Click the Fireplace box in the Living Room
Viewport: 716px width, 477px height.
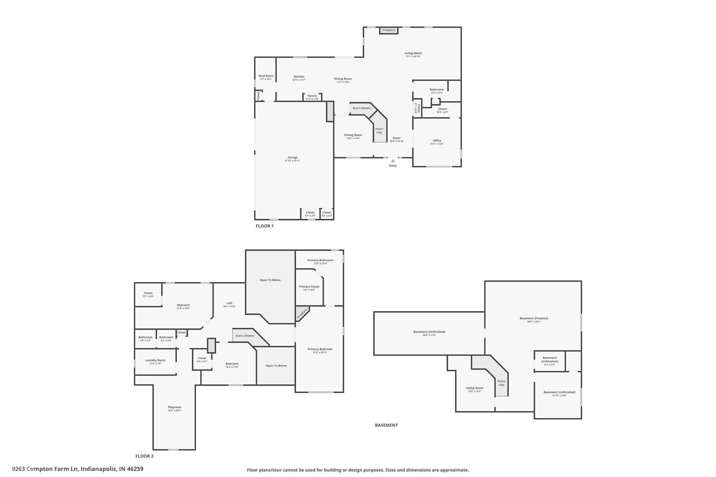tap(389, 30)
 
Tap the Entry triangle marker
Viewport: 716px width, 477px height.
tap(393, 161)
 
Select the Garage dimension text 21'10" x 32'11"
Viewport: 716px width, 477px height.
tap(293, 161)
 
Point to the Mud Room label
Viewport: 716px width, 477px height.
tap(266, 76)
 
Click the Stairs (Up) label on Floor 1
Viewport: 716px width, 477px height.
tap(379, 130)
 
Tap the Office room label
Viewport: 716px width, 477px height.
tap(437, 140)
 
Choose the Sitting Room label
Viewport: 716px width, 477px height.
tap(353, 135)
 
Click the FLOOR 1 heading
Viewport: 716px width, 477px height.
tap(264, 226)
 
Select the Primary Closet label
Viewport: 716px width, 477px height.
tap(309, 287)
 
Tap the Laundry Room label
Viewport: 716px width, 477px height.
tap(155, 360)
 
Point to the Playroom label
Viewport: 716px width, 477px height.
tap(174, 407)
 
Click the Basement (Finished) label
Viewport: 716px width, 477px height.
tap(534, 318)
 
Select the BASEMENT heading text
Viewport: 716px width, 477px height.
tap(386, 425)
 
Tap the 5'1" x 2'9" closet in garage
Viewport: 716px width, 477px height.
tap(310, 214)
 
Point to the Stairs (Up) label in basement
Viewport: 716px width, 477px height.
tap(501, 383)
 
